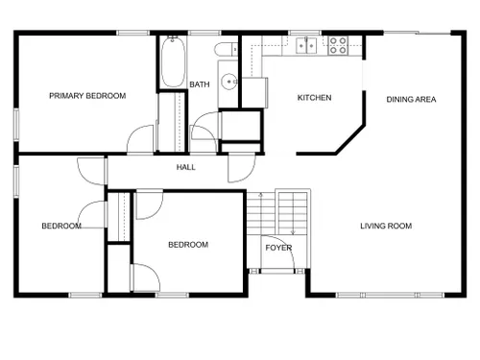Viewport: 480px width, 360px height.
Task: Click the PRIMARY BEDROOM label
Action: (87, 96)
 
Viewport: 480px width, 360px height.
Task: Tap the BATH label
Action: (200, 84)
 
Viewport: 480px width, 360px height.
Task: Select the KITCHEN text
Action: (314, 98)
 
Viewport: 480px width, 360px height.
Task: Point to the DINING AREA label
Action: (411, 100)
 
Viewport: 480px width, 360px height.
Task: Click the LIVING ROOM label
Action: (386, 226)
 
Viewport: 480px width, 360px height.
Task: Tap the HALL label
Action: (186, 167)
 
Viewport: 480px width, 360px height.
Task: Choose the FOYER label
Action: (278, 248)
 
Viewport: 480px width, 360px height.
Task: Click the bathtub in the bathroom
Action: (173, 61)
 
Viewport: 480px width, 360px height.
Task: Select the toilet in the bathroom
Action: (227, 49)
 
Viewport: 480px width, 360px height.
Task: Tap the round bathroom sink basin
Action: (229, 82)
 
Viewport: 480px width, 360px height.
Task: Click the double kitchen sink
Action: (306, 45)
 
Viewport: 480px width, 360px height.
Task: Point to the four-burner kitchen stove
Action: (338, 45)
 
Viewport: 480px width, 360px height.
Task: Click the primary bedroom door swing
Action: (140, 139)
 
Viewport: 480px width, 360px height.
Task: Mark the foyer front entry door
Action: (277, 252)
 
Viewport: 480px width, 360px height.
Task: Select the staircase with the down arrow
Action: (293, 213)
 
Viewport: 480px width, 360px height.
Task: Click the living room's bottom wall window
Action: (391, 295)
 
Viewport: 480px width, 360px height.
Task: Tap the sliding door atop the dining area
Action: (418, 33)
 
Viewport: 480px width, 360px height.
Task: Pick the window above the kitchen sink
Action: (304, 33)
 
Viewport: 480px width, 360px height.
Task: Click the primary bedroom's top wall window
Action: (132, 33)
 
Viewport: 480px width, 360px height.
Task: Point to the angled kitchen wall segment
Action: (350, 139)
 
